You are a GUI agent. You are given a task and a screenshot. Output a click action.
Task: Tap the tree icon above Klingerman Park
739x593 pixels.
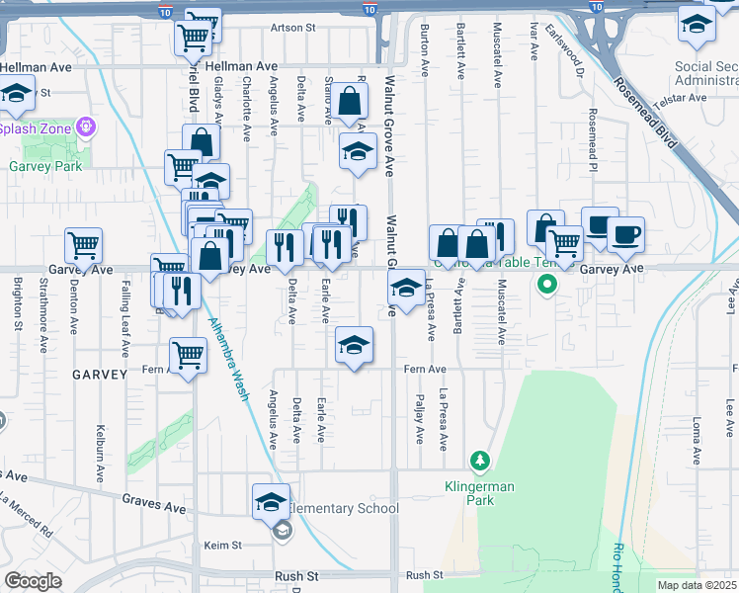click(x=479, y=461)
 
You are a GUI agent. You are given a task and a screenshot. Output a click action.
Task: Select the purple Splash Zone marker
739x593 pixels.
click(x=88, y=127)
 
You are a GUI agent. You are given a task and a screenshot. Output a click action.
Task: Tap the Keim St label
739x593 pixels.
click(x=222, y=546)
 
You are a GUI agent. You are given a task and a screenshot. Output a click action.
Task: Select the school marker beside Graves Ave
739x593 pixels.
click(x=272, y=502)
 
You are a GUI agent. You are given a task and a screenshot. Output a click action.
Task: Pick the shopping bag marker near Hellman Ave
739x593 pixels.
click(x=350, y=101)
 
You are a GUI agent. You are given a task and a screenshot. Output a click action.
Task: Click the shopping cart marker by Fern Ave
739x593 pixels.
click(x=188, y=356)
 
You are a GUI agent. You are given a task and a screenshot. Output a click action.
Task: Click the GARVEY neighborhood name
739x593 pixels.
click(x=99, y=375)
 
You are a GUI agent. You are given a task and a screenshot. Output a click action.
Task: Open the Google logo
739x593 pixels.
click(x=33, y=580)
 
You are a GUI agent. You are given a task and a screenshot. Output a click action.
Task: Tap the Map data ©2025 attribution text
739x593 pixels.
click(x=697, y=585)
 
